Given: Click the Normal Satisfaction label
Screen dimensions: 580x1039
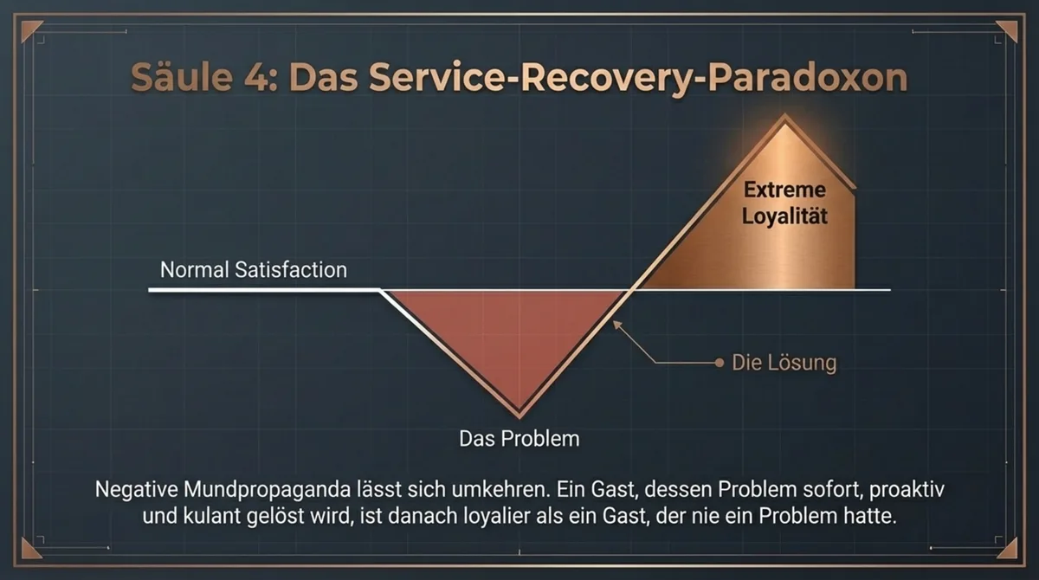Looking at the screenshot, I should [x=253, y=269].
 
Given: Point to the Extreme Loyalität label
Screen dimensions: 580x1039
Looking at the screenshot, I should [x=784, y=202].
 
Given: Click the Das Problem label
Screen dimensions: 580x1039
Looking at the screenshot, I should [x=519, y=438].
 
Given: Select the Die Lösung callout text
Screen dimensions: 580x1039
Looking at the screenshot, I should [x=784, y=363].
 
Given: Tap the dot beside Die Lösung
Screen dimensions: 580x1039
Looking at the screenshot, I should [x=719, y=363].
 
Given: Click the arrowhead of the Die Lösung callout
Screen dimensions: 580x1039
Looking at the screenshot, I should [x=615, y=324].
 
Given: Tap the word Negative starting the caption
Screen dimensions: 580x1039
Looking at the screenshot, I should [x=139, y=488].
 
